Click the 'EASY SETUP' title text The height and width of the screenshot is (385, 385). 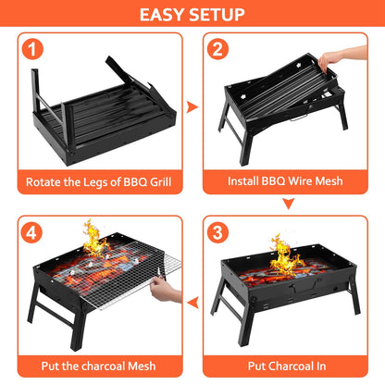tap(192, 14)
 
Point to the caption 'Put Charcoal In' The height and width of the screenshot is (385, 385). tap(288, 366)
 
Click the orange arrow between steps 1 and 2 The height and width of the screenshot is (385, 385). tap(192, 107)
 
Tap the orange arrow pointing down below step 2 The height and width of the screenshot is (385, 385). tap(288, 204)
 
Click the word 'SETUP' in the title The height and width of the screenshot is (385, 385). tap(217, 14)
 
